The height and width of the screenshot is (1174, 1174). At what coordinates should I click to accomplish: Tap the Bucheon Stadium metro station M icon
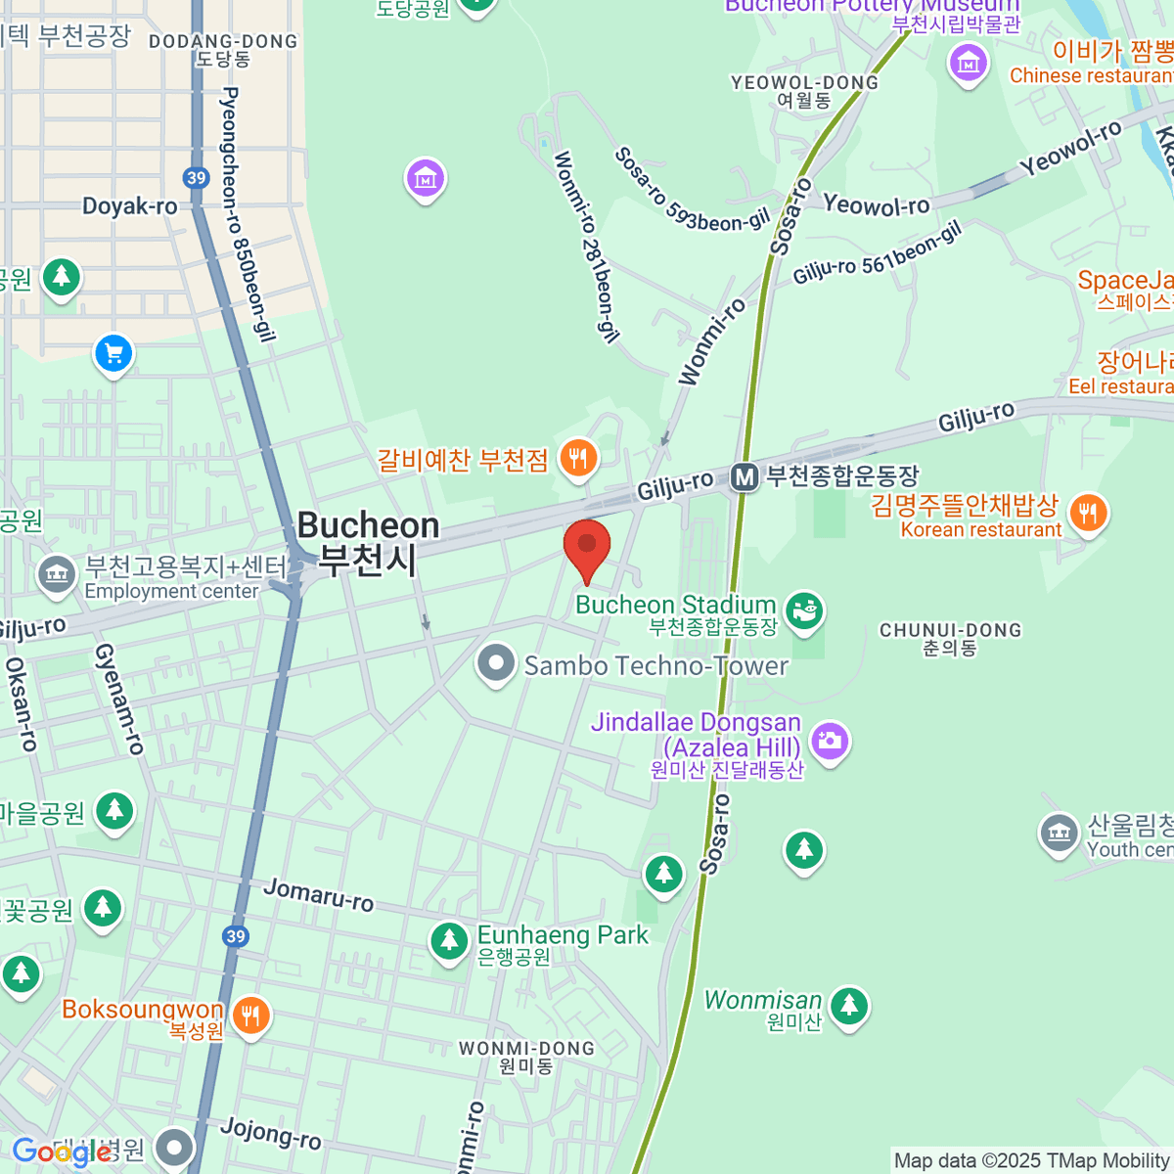click(745, 477)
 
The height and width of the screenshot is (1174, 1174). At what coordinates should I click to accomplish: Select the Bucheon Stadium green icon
click(803, 611)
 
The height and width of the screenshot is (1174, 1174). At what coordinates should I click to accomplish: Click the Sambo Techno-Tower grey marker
click(496, 663)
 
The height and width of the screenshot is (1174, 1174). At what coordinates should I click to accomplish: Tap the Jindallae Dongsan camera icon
click(830, 742)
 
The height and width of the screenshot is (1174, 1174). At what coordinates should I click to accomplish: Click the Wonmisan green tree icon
click(848, 1005)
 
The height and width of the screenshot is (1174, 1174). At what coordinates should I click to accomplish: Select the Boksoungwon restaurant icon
click(251, 1016)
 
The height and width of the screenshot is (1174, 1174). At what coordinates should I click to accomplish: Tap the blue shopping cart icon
click(113, 354)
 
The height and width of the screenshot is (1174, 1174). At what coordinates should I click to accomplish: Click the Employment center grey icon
click(57, 575)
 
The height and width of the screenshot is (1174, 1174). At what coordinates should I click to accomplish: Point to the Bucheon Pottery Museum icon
click(968, 65)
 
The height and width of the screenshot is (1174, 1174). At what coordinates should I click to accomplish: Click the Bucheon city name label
click(368, 543)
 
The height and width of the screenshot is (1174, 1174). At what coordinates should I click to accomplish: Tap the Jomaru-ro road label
click(319, 895)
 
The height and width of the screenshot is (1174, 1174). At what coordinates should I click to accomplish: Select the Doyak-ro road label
click(130, 206)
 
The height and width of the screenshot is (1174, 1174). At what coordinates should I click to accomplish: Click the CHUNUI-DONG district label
click(950, 631)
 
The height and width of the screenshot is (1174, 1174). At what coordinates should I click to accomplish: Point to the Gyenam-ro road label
click(120, 699)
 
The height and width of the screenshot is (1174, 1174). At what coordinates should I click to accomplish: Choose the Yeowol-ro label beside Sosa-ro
click(876, 205)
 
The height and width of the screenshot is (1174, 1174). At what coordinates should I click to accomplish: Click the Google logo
click(61, 1152)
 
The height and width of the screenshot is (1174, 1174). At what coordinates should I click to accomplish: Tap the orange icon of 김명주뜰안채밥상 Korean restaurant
click(1087, 513)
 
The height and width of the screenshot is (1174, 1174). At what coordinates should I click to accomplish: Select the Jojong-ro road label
click(271, 1133)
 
